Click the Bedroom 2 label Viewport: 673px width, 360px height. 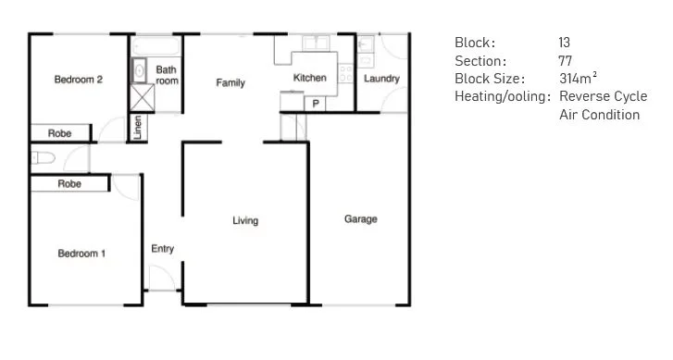(x=78, y=80)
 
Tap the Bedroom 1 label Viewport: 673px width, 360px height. (x=81, y=253)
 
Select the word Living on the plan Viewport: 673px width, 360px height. (x=245, y=221)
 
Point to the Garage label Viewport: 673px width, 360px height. (x=360, y=219)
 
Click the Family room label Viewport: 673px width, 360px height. (x=231, y=83)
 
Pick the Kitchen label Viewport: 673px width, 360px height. (x=309, y=79)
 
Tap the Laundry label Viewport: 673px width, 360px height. (x=381, y=79)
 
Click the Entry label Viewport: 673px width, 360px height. (x=162, y=249)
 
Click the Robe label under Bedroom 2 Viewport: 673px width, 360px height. (x=60, y=134)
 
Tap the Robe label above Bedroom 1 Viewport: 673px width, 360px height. (x=69, y=184)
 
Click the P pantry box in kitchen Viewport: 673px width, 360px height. (x=316, y=103)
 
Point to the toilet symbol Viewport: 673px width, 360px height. (x=41, y=158)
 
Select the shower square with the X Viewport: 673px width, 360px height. (x=141, y=97)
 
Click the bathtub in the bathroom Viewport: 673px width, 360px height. (x=155, y=45)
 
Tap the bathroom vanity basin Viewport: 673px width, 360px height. (x=139, y=69)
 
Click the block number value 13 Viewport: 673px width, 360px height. (x=565, y=43)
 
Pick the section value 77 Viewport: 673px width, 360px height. (x=565, y=61)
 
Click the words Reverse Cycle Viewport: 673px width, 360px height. (x=603, y=96)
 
